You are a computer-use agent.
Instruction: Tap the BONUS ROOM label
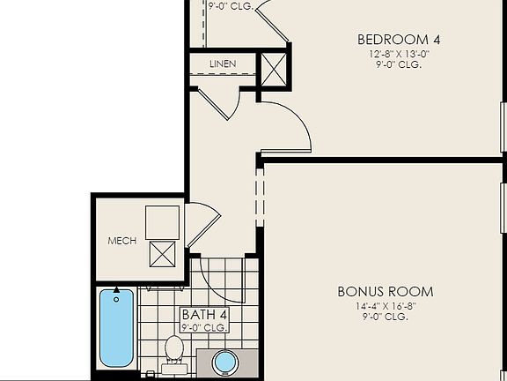pyautogui.click(x=386, y=291)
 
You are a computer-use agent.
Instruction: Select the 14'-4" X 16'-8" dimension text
pyautogui.click(x=386, y=306)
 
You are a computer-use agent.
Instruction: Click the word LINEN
pyautogui.click(x=223, y=65)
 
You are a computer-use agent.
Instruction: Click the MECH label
pyautogui.click(x=121, y=241)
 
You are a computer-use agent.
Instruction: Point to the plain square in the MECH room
pyautogui.click(x=163, y=220)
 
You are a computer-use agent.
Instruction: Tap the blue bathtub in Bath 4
pyautogui.click(x=116, y=327)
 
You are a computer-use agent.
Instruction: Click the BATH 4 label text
pyautogui.click(x=204, y=314)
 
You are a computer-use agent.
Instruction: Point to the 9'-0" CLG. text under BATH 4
pyautogui.click(x=204, y=327)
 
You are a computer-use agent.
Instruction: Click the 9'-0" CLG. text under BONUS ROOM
pyautogui.click(x=386, y=317)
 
